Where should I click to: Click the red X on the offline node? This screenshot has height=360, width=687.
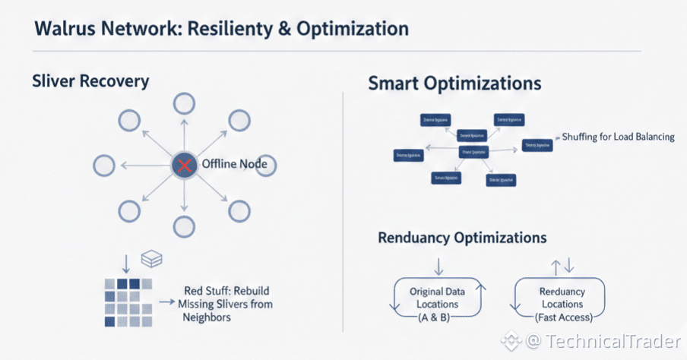pyautogui.click(x=182, y=165)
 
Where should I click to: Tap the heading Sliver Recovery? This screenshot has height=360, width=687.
pyautogui.click(x=81, y=81)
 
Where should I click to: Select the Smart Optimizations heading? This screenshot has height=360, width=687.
pyautogui.click(x=454, y=83)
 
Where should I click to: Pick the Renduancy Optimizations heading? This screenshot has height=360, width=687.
pyautogui.click(x=462, y=238)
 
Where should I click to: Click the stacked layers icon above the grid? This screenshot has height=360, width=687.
pyautogui.click(x=152, y=260)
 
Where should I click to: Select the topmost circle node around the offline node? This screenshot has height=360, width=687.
pyautogui.click(x=183, y=104)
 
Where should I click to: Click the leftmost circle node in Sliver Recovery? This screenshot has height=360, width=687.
pyautogui.click(x=103, y=165)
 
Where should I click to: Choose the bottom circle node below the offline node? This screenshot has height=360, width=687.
pyautogui.click(x=183, y=226)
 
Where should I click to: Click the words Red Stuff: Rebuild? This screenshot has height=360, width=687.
pyautogui.click(x=226, y=291)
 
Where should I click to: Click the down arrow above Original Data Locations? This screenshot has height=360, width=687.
pyautogui.click(x=438, y=266)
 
